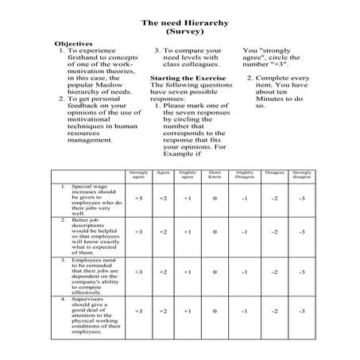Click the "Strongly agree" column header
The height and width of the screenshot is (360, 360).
coord(138,174)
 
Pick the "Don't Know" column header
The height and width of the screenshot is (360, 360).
coord(214,174)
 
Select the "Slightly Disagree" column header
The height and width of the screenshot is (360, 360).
coord(245,174)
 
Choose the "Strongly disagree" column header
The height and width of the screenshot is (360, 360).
coord(301,174)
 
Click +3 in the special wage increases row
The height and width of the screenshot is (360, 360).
coord(138,198)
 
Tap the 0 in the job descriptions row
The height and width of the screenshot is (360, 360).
coord(214,232)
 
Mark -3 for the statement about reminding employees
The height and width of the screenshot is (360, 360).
coord(301,272)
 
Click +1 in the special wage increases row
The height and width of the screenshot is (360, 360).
coord(187,198)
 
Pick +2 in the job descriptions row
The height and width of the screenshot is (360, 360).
coord(163,232)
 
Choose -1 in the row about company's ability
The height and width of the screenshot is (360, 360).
coord(245,272)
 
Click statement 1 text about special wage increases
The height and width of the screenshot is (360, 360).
coord(94,199)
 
